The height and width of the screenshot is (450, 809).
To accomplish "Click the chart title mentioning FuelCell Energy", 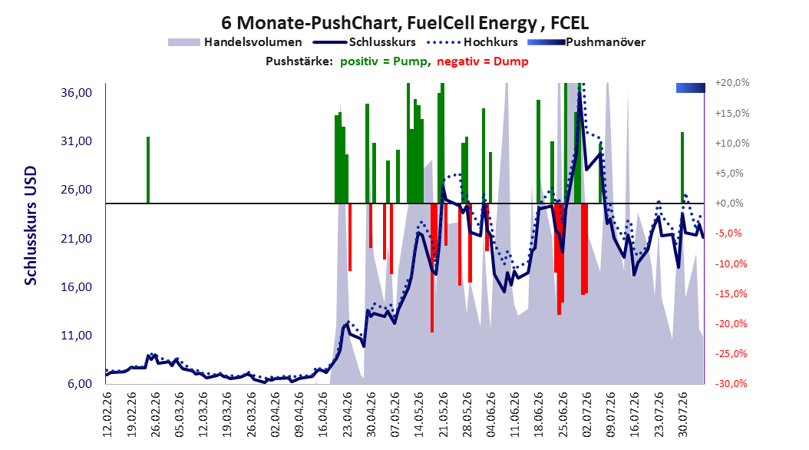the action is (404, 23).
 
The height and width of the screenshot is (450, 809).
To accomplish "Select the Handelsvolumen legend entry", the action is (235, 42).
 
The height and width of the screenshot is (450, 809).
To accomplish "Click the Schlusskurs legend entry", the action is (365, 42).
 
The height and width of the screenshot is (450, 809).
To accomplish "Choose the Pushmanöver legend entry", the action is (586, 42).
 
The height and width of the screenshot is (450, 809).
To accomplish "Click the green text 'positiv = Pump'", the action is (384, 61).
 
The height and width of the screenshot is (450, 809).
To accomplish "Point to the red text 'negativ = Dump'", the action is (483, 61).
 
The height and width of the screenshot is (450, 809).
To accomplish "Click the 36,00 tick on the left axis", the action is (76, 93).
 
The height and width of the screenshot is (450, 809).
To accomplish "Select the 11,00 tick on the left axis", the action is (76, 336).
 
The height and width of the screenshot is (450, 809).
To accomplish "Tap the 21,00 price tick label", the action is (76, 238).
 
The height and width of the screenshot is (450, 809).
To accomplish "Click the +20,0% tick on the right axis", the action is (732, 83).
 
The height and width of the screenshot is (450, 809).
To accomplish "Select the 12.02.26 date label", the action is (107, 414).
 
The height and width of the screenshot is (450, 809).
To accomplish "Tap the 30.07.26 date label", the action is (682, 414).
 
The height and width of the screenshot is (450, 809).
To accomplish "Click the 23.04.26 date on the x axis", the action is (347, 414).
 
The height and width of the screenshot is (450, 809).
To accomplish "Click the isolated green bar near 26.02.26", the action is (148, 170).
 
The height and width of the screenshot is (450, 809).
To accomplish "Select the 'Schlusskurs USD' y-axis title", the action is (31, 225).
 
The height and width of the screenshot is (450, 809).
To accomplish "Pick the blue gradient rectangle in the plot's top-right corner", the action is (690, 88).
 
